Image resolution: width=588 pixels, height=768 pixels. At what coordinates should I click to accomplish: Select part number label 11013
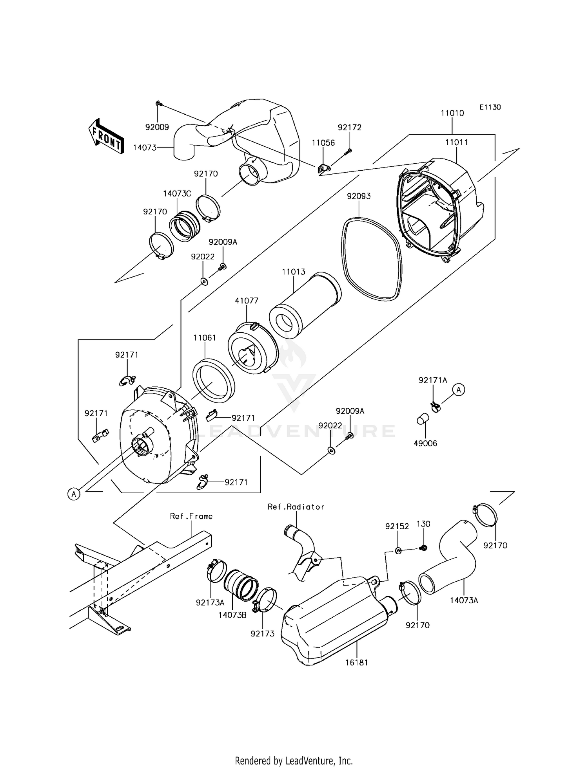[x=294, y=272]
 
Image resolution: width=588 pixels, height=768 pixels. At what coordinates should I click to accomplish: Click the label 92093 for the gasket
[x=358, y=196]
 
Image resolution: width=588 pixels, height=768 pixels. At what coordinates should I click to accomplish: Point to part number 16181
[x=357, y=663]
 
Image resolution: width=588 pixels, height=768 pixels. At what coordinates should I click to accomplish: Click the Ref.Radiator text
[x=296, y=507]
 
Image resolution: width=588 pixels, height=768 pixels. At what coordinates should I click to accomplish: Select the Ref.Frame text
[x=191, y=516]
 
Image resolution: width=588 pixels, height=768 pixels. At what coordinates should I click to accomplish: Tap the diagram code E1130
[x=490, y=107]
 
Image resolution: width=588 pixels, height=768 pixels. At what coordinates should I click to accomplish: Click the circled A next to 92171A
[x=459, y=389]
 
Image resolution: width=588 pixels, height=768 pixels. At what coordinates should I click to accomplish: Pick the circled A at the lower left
[x=74, y=494]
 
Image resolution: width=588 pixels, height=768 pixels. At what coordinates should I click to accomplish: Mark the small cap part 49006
[x=422, y=420]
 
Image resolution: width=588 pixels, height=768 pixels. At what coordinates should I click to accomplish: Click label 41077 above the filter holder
[x=247, y=301]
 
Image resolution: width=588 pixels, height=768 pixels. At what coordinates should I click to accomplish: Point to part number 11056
[x=323, y=143]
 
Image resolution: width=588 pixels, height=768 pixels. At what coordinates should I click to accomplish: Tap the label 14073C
[x=177, y=194]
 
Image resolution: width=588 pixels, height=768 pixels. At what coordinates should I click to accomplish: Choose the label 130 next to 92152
[x=423, y=524]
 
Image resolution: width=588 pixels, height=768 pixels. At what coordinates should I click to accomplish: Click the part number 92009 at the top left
[x=157, y=127]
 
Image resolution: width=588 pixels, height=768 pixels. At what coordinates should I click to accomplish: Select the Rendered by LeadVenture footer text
[x=294, y=761]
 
